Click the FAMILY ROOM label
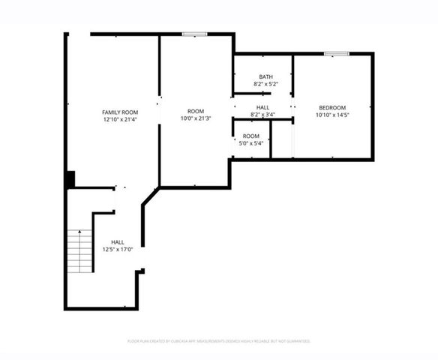pyautogui.click(x=120, y=112)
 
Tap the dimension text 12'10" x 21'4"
pyautogui.click(x=120, y=119)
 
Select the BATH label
pyautogui.click(x=265, y=76)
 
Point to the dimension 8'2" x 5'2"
pyautogui.click(x=265, y=84)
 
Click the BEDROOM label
pyautogui.click(x=332, y=108)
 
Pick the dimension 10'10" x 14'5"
pyautogui.click(x=332, y=115)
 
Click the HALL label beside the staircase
pyautogui.click(x=118, y=242)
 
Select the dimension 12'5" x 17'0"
pyautogui.click(x=118, y=250)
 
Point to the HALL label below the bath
pyautogui.click(x=262, y=107)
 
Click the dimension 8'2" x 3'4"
pyautogui.click(x=262, y=115)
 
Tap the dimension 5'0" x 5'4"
pyautogui.click(x=250, y=143)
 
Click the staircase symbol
pyautogui.click(x=78, y=252)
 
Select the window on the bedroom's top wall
pyautogui.click(x=337, y=53)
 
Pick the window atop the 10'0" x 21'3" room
pyautogui.click(x=194, y=33)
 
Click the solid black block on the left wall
pyautogui.click(x=70, y=180)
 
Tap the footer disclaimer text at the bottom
pyautogui.click(x=219, y=341)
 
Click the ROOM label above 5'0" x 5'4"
pyautogui.click(x=250, y=136)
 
